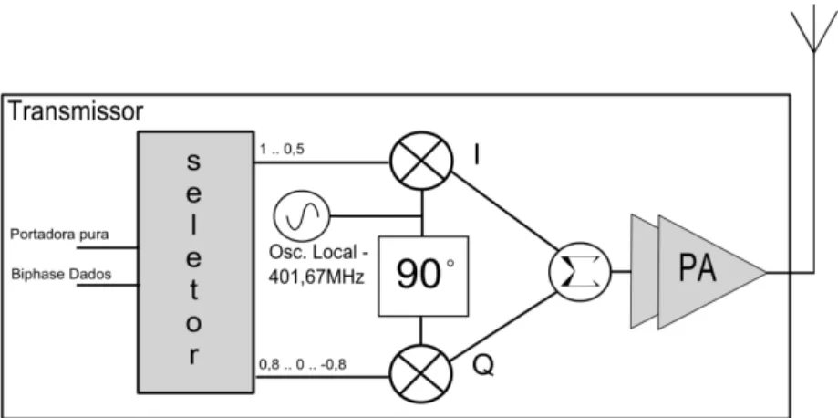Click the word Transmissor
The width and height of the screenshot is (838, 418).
[76, 112]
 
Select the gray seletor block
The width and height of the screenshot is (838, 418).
[196, 262]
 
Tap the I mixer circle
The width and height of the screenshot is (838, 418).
[421, 161]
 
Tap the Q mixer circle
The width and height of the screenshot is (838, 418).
[421, 374]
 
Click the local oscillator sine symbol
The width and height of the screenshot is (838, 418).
[302, 215]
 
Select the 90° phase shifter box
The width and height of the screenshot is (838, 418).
[423, 276]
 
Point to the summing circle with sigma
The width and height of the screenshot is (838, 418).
[579, 271]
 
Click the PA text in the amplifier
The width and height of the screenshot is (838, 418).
[697, 268]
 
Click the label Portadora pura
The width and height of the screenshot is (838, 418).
[59, 235]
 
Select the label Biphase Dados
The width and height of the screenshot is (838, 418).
[61, 274]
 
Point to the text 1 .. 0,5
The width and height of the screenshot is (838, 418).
[282, 150]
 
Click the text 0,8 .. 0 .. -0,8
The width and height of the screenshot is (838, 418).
[303, 364]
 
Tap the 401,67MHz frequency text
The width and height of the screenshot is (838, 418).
[316, 277]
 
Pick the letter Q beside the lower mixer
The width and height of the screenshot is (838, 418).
[483, 367]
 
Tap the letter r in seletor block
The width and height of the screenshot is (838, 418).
[194, 356]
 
